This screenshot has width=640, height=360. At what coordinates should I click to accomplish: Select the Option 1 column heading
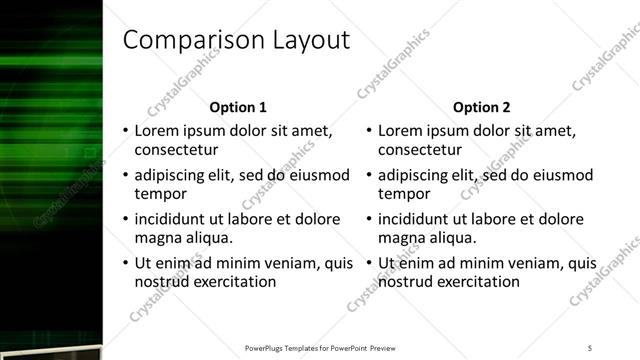tap(238, 107)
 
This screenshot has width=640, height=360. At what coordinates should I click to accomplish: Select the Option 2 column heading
tap(481, 107)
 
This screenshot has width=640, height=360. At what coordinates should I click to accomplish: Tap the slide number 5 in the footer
tap(590, 348)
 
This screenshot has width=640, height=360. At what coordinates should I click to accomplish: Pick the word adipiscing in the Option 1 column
tap(172, 175)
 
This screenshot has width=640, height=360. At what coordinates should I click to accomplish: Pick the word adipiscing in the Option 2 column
tap(416, 175)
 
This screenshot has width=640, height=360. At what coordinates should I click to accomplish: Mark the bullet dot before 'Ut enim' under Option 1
tap(125, 264)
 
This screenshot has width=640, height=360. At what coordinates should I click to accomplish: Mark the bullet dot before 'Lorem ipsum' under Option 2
tap(369, 132)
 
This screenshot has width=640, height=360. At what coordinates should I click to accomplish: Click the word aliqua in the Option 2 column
tap(452, 238)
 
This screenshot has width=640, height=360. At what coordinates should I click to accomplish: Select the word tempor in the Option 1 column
tap(157, 194)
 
